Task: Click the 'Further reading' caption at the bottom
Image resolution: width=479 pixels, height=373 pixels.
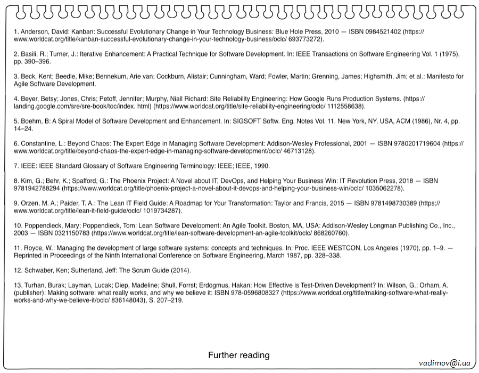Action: (x=238, y=355)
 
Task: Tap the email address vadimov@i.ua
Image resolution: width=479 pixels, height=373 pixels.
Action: (x=444, y=363)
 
